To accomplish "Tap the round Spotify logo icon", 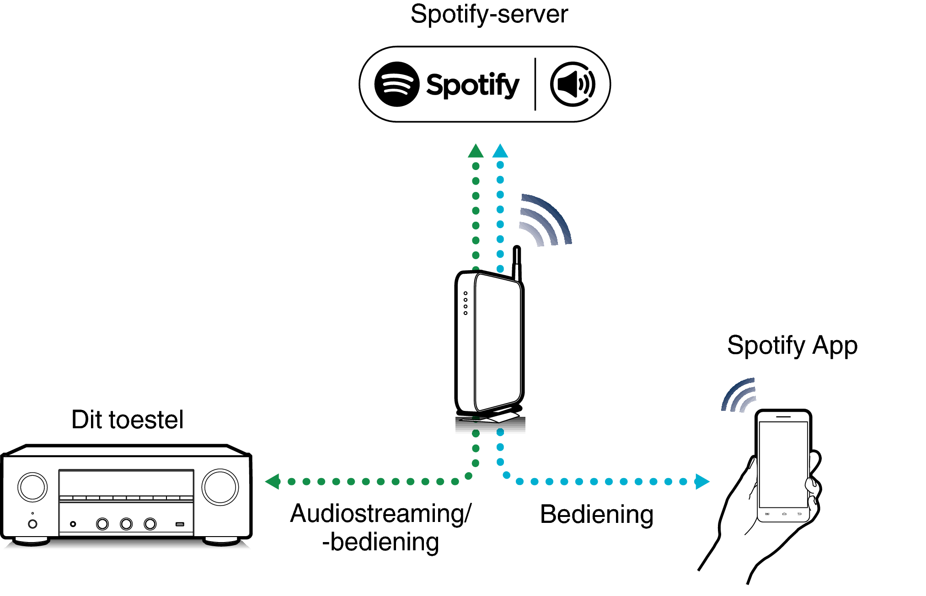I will click(x=396, y=84).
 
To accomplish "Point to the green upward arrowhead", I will click(x=476, y=151).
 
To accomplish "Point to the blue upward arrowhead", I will click(x=500, y=151).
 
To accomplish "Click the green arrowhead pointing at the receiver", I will click(x=273, y=481).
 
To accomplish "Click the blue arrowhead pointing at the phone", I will click(x=701, y=481).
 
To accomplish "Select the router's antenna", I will click(x=517, y=263).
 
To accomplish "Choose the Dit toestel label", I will click(x=127, y=420).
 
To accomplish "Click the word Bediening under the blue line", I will click(x=596, y=515).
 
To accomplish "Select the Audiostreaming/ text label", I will click(x=380, y=514).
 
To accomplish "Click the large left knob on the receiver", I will click(x=32, y=487).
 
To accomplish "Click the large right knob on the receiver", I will click(x=220, y=487).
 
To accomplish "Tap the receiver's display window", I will click(x=126, y=483).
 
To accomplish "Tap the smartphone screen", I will click(x=783, y=464).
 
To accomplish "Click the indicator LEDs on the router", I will click(x=466, y=303).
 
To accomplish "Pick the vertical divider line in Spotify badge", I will click(x=535, y=84).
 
